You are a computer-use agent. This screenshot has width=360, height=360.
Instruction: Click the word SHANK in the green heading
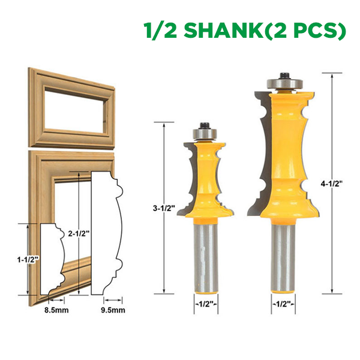point(224,30)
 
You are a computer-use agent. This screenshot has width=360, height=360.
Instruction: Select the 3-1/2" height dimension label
point(164,208)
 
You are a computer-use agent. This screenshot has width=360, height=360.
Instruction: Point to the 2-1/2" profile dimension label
point(79,233)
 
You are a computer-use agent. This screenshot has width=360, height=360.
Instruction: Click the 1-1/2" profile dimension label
point(28,259)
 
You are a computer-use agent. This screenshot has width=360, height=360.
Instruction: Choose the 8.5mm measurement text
point(56,310)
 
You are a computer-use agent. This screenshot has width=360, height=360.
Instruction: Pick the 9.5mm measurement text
point(113,310)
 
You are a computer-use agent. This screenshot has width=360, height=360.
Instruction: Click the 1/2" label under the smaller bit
point(206,304)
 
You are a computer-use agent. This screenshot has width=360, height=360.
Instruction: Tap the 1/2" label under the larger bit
point(283,304)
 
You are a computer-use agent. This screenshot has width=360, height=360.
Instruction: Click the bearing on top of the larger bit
point(284,83)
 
